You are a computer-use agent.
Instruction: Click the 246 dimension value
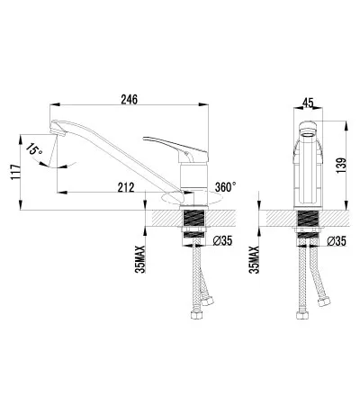tap(130, 99)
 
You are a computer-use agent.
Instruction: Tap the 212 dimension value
tap(126, 187)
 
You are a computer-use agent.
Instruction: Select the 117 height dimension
tap(15, 172)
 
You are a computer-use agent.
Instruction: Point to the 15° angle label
tap(34, 149)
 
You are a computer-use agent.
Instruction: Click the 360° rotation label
tap(225, 187)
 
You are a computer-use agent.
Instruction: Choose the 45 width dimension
tap(308, 103)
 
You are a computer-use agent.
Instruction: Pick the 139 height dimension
tap(341, 166)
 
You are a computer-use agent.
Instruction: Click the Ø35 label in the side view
tap(223, 240)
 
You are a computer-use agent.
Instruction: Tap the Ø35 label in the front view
tap(337, 241)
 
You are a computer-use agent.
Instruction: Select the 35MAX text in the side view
tap(140, 259)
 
